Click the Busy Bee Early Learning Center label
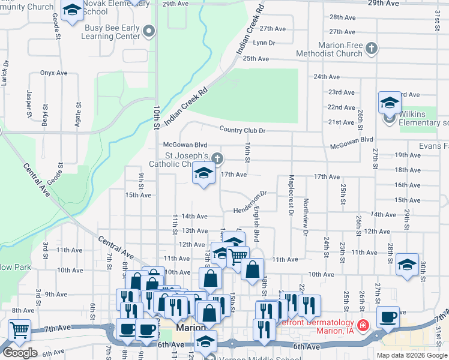tap(112, 32)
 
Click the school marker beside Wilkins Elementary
tap(390, 103)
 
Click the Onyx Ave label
tap(54, 73)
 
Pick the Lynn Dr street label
tap(264, 43)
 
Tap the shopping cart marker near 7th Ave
tap(20, 329)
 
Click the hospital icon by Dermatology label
tap(363, 326)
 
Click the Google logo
tap(20, 352)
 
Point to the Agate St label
tap(78, 112)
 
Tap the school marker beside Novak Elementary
tap(72, 11)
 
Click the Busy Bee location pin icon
tap(150, 30)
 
